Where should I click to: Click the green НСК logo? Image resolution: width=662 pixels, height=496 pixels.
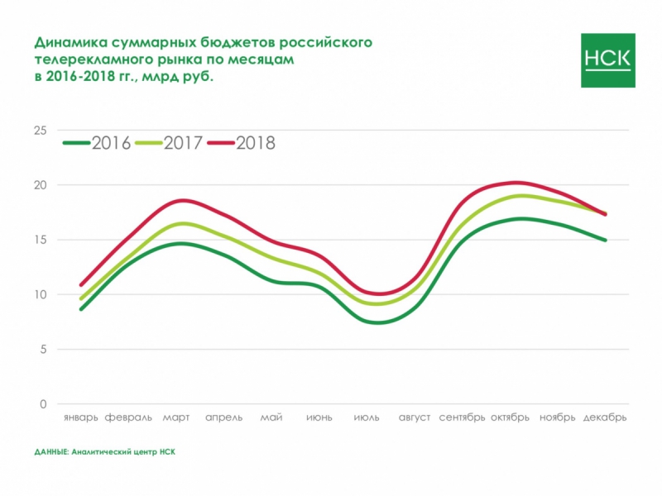coord(608,60)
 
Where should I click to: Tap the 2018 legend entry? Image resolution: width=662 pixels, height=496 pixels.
coord(242,142)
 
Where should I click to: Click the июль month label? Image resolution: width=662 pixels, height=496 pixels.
coord(367,417)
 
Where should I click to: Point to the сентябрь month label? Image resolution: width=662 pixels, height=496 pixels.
coord(462,417)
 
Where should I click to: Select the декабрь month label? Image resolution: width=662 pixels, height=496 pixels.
coord(605,417)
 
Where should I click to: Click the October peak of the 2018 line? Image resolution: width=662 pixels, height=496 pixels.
coord(516,182)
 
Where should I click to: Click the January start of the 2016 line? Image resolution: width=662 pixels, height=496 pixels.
coord(81,309)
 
